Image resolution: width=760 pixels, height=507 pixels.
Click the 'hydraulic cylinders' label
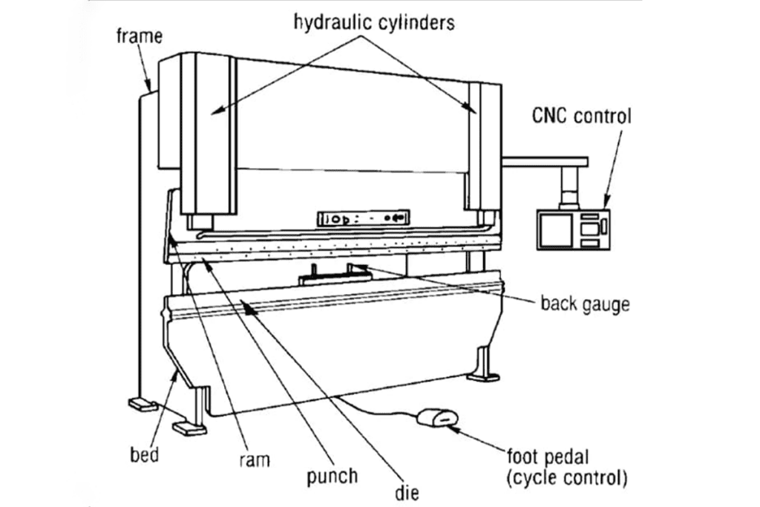372,22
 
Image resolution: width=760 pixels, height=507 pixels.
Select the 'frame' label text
139,36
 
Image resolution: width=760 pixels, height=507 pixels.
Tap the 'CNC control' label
581,116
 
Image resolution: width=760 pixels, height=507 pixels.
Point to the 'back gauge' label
584,304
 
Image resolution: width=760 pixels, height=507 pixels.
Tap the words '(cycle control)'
566,478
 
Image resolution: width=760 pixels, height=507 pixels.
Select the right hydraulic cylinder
479,145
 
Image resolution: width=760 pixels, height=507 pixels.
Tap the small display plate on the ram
364,218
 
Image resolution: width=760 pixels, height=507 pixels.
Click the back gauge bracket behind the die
333,276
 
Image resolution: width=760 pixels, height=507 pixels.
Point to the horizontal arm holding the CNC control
546,160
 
